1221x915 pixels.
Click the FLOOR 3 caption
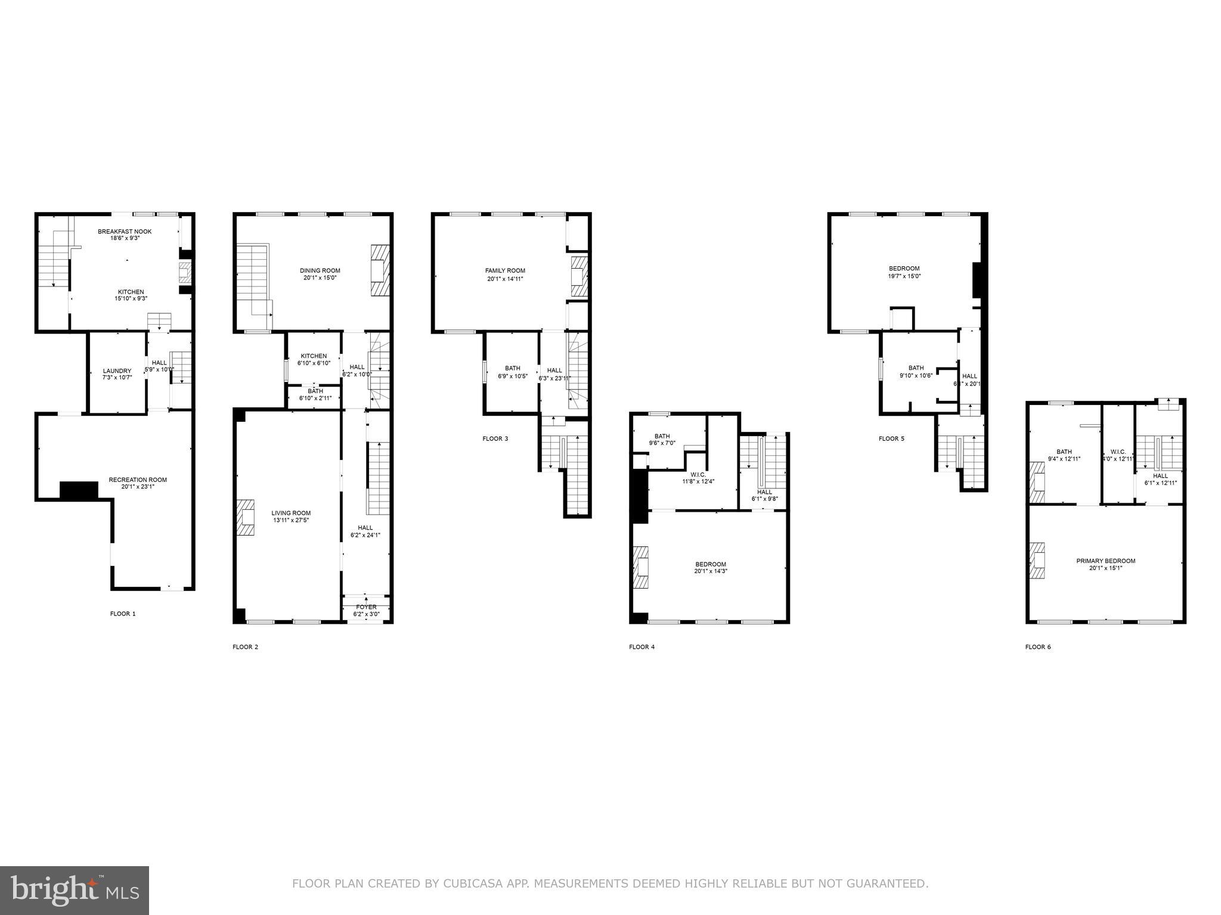coord(495,439)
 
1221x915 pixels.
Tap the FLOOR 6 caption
coord(1038,647)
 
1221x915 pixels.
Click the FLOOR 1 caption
coord(123,614)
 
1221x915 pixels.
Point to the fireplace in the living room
coord(245,518)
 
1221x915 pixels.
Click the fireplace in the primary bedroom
coord(1037,561)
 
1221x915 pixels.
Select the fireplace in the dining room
coord(380,270)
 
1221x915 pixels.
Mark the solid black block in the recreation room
coord(79,490)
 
